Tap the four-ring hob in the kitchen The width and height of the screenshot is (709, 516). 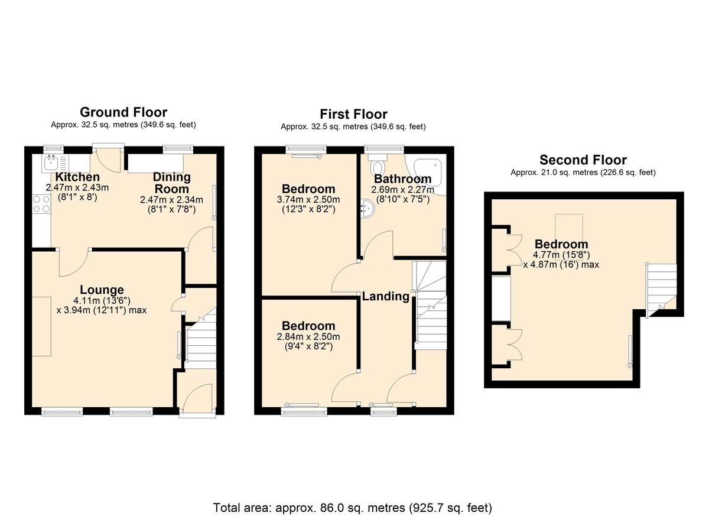coord(41,204)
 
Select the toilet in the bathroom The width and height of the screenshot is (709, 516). coord(378,164)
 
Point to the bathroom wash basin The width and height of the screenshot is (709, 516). coord(367,209)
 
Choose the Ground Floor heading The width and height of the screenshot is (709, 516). coord(123,112)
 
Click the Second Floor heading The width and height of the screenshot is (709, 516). coord(583,160)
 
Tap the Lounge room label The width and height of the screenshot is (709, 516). coord(102,290)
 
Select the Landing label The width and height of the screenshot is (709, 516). coord(385,296)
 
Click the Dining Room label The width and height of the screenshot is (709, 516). coord(172,183)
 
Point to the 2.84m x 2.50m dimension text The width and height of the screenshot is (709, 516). coord(308,336)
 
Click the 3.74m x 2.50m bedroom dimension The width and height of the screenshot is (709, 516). coord(308,199)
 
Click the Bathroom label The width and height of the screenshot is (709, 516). coord(402,179)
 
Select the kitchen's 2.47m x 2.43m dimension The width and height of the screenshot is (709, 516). coord(77,187)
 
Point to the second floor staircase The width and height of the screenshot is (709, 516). coord(661,291)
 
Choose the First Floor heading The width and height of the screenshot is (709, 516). coord(353,114)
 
